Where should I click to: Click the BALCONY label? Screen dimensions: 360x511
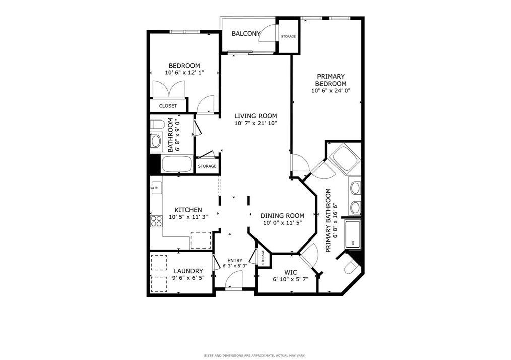click(x=246, y=34)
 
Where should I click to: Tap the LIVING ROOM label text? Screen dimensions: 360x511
click(x=255, y=116)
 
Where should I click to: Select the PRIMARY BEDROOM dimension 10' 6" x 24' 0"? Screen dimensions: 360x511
click(x=331, y=91)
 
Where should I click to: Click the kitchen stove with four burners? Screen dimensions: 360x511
click(x=156, y=221)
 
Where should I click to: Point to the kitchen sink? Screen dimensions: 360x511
click(x=156, y=187)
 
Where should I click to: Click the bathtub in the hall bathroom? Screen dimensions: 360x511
click(x=177, y=164)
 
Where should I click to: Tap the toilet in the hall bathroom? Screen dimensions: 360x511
click(x=157, y=124)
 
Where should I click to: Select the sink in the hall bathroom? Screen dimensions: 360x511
click(x=156, y=141)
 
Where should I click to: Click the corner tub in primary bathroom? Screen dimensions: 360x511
click(x=345, y=158)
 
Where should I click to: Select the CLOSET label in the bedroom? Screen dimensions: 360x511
click(x=168, y=106)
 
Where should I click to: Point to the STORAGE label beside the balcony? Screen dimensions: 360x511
click(x=288, y=36)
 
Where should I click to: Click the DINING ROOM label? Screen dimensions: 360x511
click(x=282, y=216)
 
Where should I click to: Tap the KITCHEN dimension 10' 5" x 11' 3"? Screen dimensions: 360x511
click(x=188, y=217)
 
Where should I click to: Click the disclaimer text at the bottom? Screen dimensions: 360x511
click(x=254, y=355)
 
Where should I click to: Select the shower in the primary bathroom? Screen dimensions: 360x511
click(x=353, y=234)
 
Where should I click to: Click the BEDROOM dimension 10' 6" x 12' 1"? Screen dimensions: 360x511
click(x=184, y=73)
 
